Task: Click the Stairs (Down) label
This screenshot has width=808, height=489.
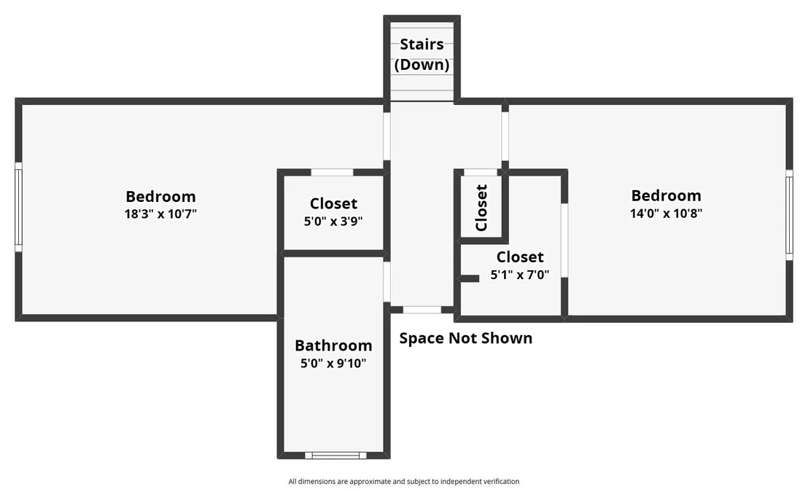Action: click(422, 54)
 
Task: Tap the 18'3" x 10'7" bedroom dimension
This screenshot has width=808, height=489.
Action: click(160, 214)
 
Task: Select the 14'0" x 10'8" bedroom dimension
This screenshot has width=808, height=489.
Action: click(667, 213)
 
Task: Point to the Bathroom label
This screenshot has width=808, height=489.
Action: click(333, 345)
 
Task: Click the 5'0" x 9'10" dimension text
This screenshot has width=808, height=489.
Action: click(333, 363)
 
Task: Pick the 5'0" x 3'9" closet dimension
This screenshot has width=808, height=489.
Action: click(333, 221)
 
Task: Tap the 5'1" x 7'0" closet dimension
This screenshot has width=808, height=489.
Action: click(520, 274)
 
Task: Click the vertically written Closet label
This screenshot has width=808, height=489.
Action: click(481, 208)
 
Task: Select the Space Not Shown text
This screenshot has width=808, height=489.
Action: click(466, 338)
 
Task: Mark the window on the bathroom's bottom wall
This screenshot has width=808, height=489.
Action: click(335, 455)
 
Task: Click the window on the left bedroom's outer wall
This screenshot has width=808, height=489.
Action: click(18, 207)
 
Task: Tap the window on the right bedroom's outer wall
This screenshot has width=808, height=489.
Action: click(789, 215)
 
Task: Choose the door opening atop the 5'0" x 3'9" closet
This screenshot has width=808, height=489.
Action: click(332, 172)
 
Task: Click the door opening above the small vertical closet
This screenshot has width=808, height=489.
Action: click(481, 172)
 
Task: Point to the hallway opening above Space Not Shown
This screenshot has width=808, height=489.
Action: click(422, 309)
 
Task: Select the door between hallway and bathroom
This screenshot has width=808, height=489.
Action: click(387, 281)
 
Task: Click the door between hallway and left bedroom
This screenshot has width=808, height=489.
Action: click(387, 136)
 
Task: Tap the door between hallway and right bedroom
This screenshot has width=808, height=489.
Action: click(505, 136)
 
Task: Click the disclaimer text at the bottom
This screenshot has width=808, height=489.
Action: click(404, 481)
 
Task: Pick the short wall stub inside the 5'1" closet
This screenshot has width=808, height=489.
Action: click(470, 278)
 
